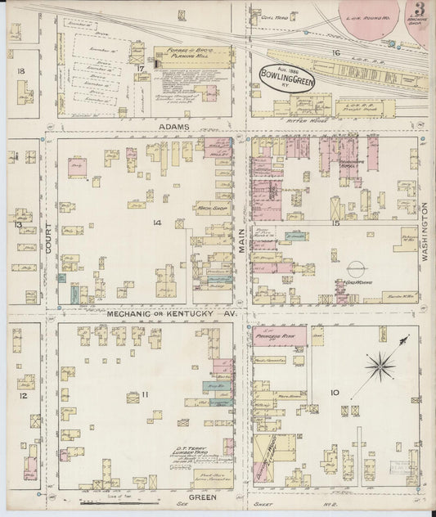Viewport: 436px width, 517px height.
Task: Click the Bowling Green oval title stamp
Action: (x=285, y=74)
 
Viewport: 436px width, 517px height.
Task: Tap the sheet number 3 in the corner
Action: (x=419, y=11)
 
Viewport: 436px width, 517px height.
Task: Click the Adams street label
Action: (x=174, y=128)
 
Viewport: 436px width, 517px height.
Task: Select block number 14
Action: (x=157, y=222)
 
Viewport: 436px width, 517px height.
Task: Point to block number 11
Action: (x=145, y=395)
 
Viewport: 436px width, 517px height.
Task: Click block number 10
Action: (x=335, y=393)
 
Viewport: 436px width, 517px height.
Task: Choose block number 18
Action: (x=20, y=72)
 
